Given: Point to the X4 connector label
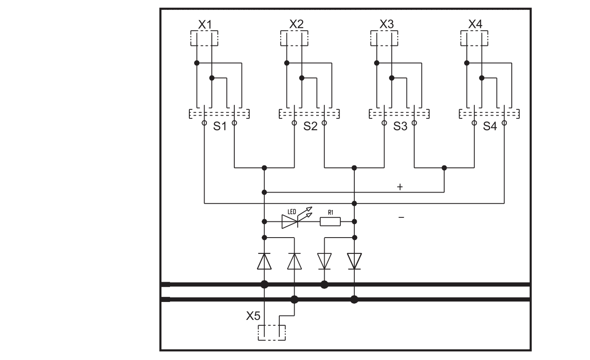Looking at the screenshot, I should [x=475, y=25].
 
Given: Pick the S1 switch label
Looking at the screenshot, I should [x=219, y=127].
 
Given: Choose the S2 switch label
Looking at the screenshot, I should [x=309, y=127].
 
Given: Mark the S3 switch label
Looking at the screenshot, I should [x=399, y=127].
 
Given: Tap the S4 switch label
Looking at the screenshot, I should [x=490, y=127].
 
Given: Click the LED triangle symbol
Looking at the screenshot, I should [x=290, y=221].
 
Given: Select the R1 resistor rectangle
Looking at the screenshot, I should [x=330, y=221].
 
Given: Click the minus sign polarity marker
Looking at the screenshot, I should [x=402, y=217].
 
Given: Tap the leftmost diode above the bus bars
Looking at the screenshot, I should [x=264, y=261].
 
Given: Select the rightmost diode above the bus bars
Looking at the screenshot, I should [x=354, y=261].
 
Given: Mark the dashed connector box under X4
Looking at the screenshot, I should [x=474, y=38].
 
